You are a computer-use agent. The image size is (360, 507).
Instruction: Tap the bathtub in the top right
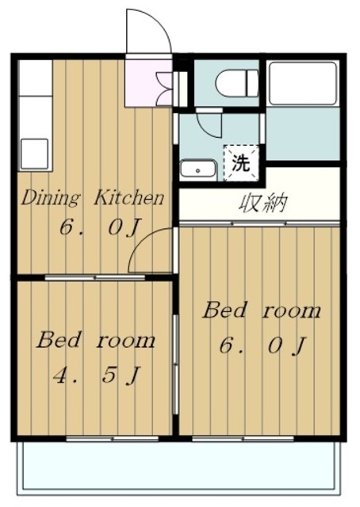point(303,83)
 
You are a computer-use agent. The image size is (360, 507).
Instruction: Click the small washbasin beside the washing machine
point(197,169)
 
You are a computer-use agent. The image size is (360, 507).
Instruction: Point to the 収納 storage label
point(262,204)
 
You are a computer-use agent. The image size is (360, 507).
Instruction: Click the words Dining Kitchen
point(92,197)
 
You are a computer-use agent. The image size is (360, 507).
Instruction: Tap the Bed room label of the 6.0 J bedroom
point(262,310)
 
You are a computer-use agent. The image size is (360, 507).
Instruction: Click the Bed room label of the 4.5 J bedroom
point(95,341)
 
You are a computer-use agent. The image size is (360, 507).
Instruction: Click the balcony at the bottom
point(178,469)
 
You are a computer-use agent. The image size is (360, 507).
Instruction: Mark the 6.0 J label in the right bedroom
point(262,345)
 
